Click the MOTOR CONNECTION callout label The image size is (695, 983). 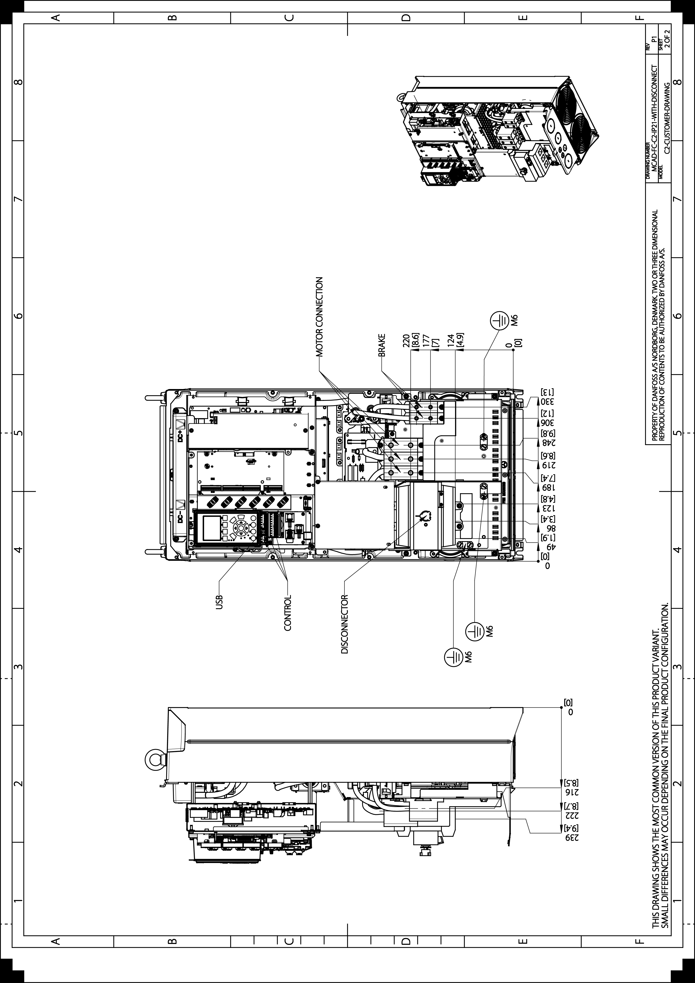pyautogui.click(x=319, y=317)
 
